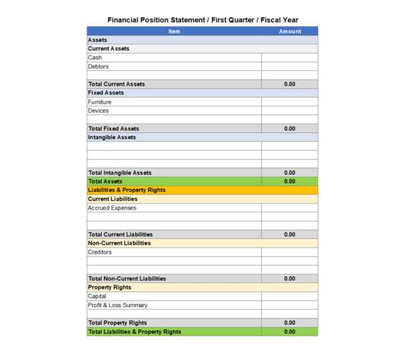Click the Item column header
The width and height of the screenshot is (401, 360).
[174, 31]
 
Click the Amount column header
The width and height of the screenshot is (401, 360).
[289, 31]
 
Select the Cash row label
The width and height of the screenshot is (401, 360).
[95, 58]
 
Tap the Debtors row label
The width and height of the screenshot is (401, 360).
[98, 66]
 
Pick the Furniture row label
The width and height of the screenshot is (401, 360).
[100, 102]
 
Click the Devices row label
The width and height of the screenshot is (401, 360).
[98, 110]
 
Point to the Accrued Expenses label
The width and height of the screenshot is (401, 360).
[112, 207]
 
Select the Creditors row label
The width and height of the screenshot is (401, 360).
[100, 252]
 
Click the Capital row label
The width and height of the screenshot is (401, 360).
[97, 296]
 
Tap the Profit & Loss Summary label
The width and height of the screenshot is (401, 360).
[118, 305]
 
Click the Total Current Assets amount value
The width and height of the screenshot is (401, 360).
[289, 84]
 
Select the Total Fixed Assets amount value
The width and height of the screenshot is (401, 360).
[289, 128]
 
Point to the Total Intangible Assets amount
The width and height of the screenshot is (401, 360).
[289, 173]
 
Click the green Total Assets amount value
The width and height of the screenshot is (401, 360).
[289, 181]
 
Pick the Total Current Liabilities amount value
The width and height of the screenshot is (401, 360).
[289, 234]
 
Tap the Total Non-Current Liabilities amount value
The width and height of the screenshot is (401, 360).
[289, 278]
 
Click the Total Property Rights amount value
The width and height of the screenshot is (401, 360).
[289, 323]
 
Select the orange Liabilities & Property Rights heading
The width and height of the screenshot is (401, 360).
[126, 190]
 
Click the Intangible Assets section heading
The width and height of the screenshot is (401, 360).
[112, 137]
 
